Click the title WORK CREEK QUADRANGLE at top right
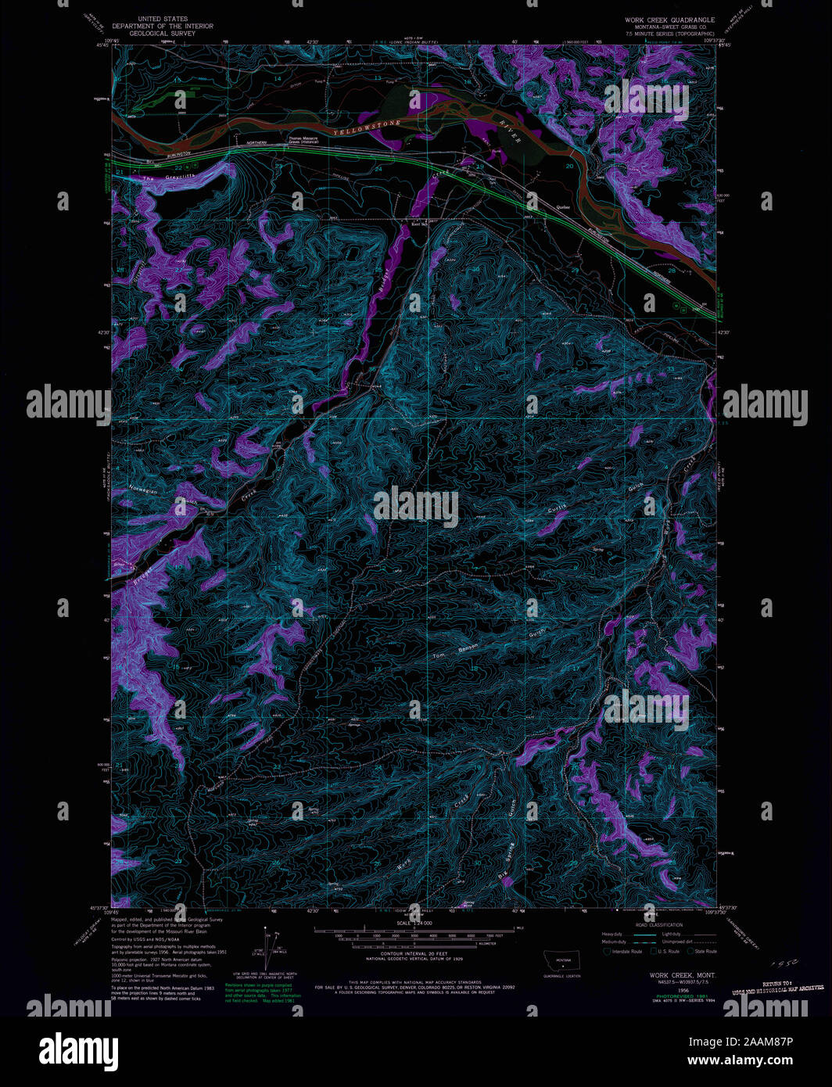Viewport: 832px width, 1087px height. pyautogui.click(x=669, y=20)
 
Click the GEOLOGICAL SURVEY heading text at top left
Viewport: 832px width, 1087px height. pyautogui.click(x=163, y=33)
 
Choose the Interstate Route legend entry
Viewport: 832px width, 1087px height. pyautogui.click(x=626, y=951)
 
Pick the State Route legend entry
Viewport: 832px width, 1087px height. pyautogui.click(x=703, y=951)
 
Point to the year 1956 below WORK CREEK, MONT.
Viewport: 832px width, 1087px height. pyautogui.click(x=662, y=989)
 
